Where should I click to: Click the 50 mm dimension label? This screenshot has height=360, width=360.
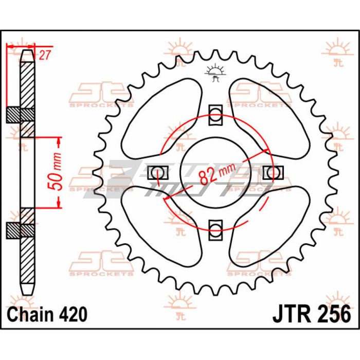point(58,172)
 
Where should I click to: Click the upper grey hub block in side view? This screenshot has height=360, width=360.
point(21,115)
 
